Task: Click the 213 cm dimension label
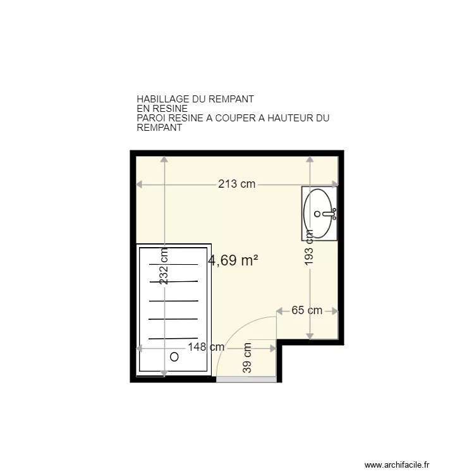237,185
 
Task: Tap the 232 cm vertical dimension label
164,267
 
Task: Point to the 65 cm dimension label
307,310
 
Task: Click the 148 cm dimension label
206,348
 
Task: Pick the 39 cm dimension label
247,358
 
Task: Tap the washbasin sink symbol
319,214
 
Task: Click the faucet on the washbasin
328,214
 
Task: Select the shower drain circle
174,356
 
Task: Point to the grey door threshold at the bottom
246,379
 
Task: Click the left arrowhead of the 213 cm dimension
139,185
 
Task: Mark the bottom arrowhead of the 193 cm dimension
310,336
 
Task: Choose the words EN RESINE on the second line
162,109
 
